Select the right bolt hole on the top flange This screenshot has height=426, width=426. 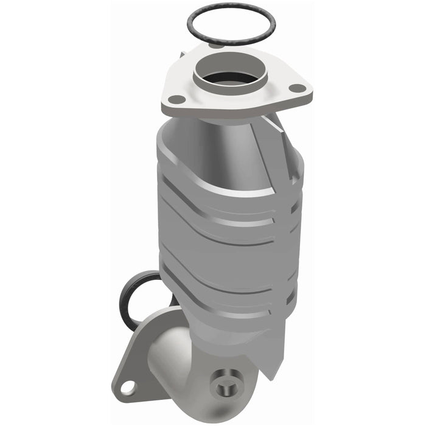pos(296,88)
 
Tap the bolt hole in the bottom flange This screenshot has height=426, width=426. pos(127,386)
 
